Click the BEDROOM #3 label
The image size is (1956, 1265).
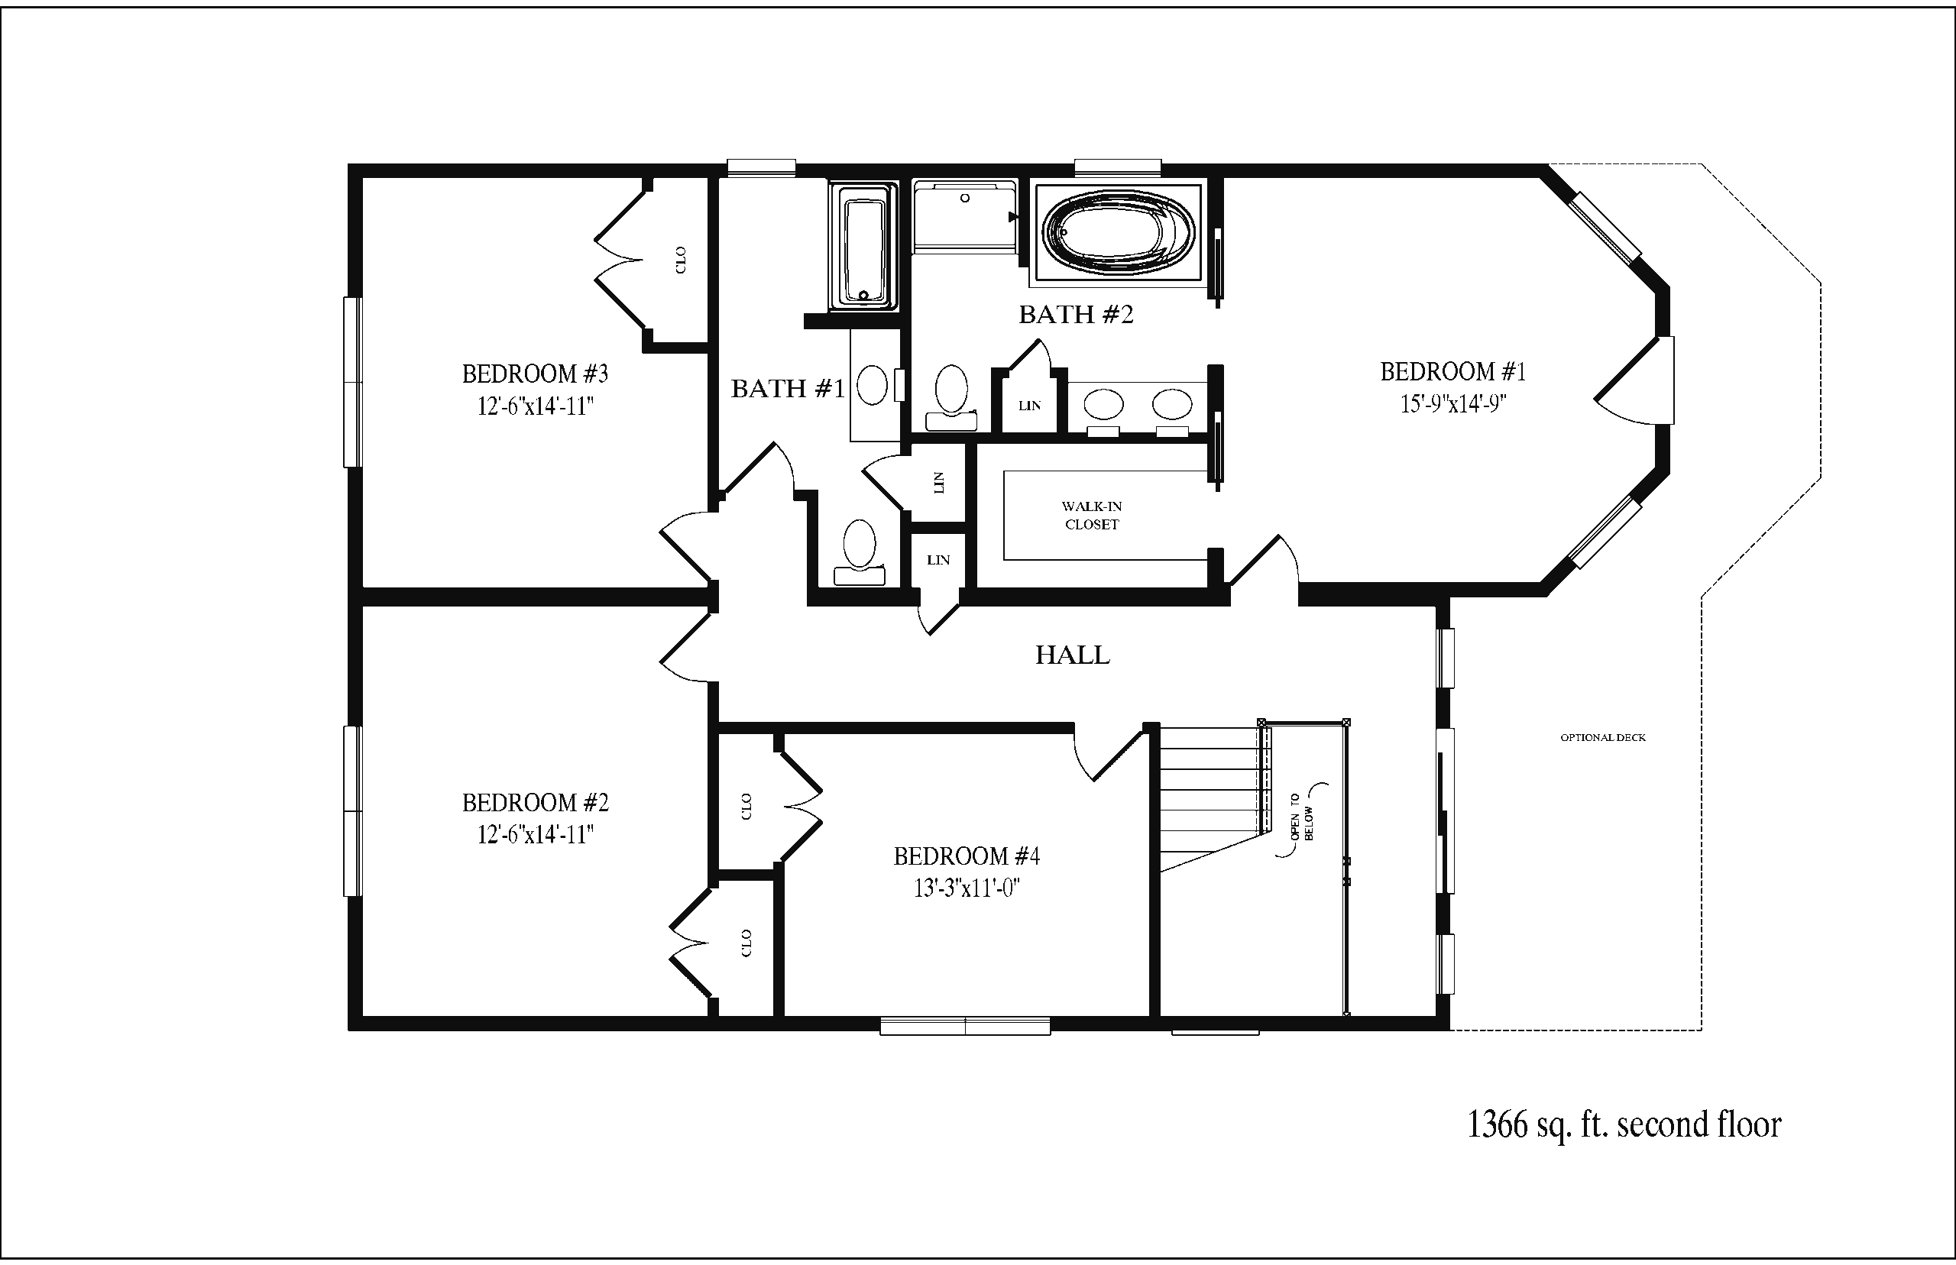click(535, 374)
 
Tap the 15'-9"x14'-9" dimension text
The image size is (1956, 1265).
click(1452, 404)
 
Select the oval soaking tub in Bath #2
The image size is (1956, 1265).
click(1118, 233)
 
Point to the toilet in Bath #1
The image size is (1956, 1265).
click(860, 552)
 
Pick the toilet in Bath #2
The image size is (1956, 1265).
click(951, 397)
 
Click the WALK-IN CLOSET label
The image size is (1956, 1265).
click(1092, 516)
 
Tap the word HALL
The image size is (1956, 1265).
click(1072, 655)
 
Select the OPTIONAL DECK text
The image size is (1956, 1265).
click(1603, 738)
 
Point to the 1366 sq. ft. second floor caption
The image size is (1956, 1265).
click(1624, 1124)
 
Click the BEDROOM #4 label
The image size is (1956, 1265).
click(966, 857)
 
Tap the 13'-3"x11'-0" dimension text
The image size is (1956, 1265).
click(967, 889)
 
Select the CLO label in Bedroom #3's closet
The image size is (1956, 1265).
click(680, 260)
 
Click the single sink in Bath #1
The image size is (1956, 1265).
click(873, 385)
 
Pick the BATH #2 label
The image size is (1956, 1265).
click(1076, 315)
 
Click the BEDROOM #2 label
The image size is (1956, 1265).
click(535, 803)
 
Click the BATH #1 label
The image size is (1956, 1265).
click(788, 389)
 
